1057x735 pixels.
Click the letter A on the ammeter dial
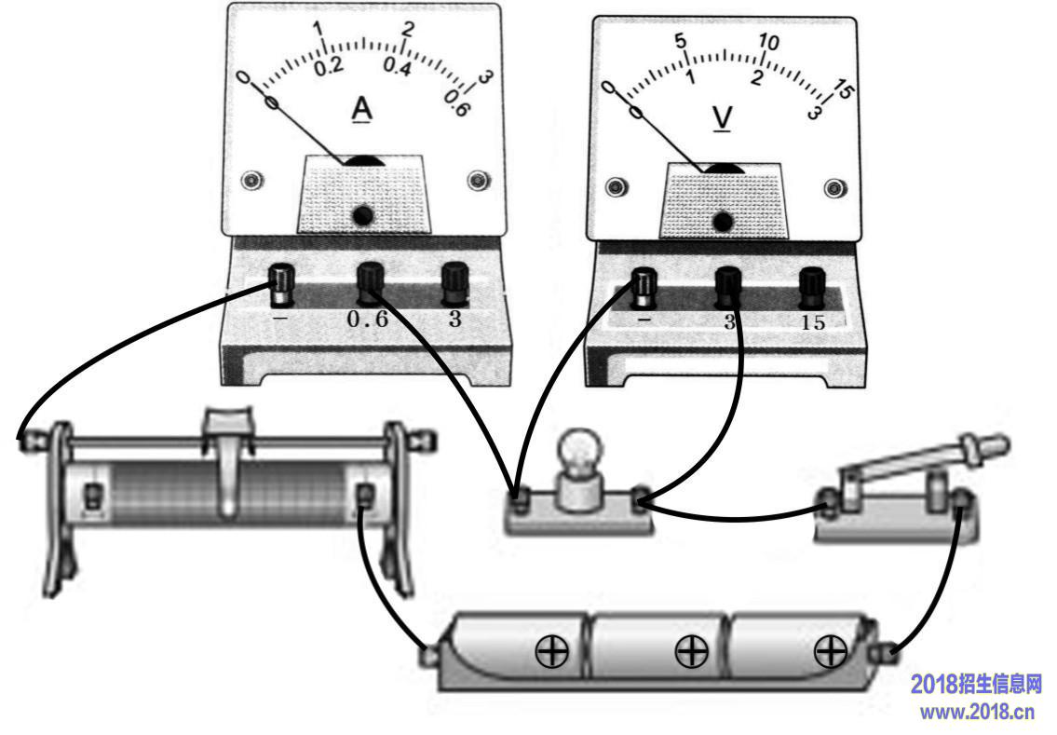tap(362, 109)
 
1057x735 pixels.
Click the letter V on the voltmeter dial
tap(722, 118)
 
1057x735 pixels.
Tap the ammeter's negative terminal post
tap(281, 284)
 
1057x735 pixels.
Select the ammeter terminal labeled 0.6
tap(370, 282)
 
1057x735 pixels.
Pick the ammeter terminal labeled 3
tap(455, 283)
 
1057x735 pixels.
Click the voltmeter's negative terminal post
tap(644, 288)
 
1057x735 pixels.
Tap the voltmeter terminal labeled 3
tap(728, 287)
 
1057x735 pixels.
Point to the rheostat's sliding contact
tap(229, 458)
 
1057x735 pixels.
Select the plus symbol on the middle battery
tap(691, 651)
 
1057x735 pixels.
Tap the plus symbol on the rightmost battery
tap(831, 651)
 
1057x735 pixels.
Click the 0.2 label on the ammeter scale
tap(329, 66)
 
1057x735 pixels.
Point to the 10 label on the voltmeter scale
tap(768, 42)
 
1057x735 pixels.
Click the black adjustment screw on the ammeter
tap(362, 216)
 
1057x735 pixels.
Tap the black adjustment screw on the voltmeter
tap(723, 222)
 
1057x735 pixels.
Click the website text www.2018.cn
tap(977, 712)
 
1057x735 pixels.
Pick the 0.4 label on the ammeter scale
tap(398, 67)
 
